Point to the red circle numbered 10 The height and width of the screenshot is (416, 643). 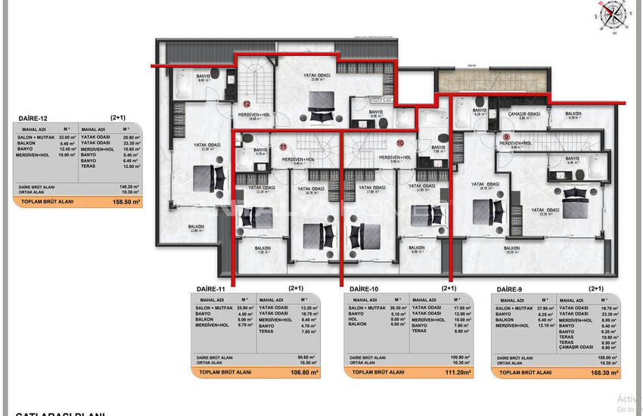[x=400, y=142]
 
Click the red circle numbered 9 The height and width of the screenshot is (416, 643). [x=506, y=137]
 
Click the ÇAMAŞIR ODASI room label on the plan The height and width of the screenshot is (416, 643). [x=523, y=114]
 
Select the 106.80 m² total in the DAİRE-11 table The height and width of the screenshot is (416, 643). [x=303, y=373]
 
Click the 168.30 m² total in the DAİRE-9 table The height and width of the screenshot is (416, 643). [x=604, y=373]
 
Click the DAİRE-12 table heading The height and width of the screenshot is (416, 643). [x=33, y=119]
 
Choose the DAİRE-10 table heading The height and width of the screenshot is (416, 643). [x=365, y=289]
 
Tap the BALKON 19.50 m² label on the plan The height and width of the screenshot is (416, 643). [x=512, y=250]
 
